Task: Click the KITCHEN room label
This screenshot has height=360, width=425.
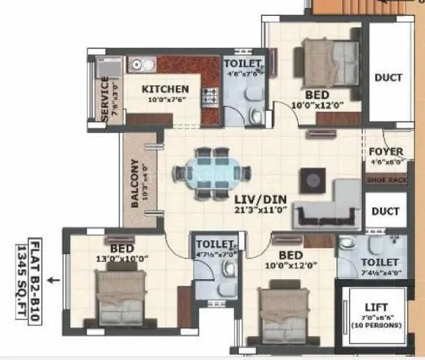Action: tap(165, 89)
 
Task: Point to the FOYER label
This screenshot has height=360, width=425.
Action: tap(386, 152)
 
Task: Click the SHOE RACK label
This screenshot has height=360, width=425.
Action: tap(386, 180)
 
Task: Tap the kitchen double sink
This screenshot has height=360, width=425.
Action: tap(141, 64)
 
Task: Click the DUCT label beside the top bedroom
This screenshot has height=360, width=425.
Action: tap(388, 77)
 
